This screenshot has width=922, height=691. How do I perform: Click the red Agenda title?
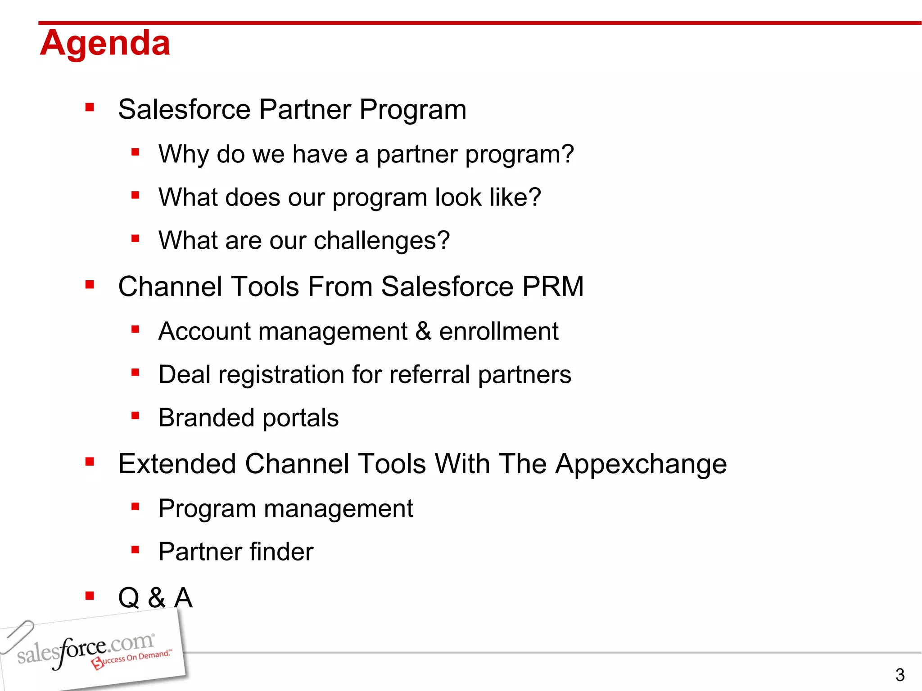[105, 44]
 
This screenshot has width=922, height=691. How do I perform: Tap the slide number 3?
[899, 675]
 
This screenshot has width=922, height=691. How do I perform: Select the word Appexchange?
[641, 465]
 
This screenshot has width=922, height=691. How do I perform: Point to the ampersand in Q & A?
[156, 598]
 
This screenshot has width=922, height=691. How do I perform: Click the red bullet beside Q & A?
[90, 596]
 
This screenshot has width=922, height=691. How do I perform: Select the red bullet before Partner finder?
[135, 550]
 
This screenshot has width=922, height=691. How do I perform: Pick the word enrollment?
[498, 332]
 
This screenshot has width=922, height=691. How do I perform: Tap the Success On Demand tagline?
[131, 659]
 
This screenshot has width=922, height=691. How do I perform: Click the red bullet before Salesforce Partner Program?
[90, 107]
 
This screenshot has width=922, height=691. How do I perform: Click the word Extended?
[177, 464]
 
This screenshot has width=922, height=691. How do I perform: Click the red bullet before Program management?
[135, 507]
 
